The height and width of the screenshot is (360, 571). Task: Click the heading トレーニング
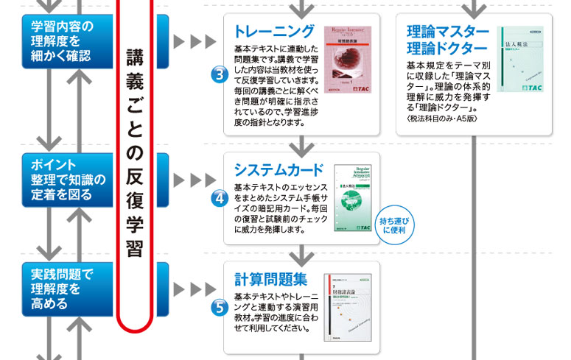click(x=273, y=32)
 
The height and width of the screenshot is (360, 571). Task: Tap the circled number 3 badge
click(x=219, y=74)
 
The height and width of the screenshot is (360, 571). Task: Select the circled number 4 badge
click(x=219, y=199)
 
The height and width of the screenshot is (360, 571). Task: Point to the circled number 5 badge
click(x=219, y=308)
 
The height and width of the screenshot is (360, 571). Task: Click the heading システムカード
click(x=278, y=167)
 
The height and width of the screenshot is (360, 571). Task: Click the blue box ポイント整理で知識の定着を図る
click(x=62, y=179)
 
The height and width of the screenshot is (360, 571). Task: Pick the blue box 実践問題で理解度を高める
click(x=62, y=289)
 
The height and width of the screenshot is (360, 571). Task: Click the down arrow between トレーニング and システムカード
click(x=301, y=144)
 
